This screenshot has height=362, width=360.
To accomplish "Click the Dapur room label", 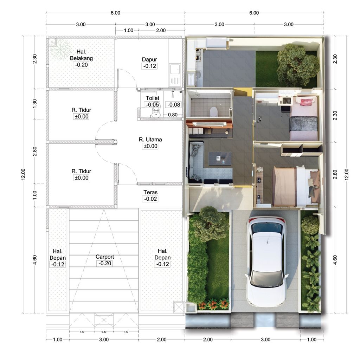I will (149, 59).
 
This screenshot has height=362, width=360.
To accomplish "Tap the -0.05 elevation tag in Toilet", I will (153, 104).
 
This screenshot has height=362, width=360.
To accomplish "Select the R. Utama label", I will (150, 139).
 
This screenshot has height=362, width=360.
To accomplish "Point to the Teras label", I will (150, 192).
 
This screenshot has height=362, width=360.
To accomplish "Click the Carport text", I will (105, 257).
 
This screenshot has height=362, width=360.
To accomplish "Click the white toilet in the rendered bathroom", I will (213, 112).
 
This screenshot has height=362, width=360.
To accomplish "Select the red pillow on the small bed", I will (306, 102).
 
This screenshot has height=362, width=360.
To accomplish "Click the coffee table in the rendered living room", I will (220, 158).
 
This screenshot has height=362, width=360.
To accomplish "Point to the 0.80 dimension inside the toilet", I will (173, 114).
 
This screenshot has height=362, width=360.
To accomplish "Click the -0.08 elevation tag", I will (174, 104).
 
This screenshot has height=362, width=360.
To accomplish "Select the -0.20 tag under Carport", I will (105, 263).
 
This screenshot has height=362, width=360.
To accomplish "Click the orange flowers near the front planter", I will (213, 304).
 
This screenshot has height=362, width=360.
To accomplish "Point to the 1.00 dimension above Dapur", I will (129, 31).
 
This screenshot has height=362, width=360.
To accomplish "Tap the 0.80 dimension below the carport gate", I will (104, 331).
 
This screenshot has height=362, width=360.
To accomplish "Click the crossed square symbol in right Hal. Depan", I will (179, 306).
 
